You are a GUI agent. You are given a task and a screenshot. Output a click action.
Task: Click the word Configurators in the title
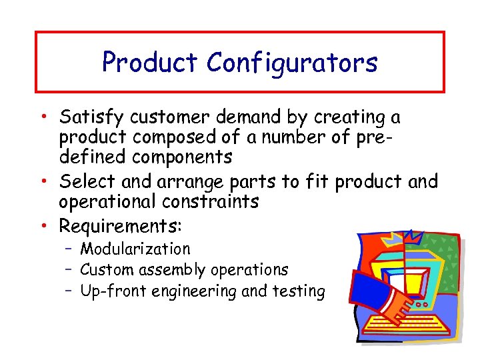tap(292, 63)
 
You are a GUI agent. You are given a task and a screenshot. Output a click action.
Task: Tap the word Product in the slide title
tap(150, 63)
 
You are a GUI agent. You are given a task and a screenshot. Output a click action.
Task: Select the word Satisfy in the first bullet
tap(91, 117)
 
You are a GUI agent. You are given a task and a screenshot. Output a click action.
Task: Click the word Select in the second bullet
tap(85, 181)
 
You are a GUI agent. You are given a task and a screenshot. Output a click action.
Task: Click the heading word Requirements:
tap(120, 226)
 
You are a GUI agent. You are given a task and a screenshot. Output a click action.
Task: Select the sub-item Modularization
tap(135, 249)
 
